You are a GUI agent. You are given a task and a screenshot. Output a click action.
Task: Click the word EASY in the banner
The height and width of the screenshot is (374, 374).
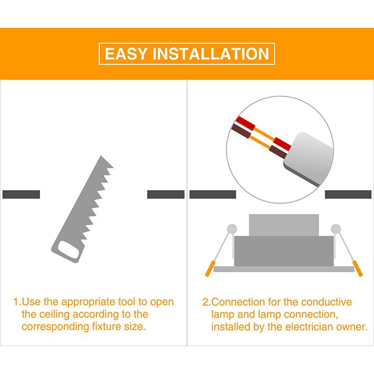point(126,54)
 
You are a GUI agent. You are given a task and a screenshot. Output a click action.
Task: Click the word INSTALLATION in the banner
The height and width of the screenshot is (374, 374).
point(211,54)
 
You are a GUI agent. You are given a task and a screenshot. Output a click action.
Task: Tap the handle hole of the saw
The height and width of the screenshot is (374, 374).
point(69,250)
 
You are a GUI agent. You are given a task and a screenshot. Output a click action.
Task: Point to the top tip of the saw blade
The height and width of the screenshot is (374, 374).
point(101,156)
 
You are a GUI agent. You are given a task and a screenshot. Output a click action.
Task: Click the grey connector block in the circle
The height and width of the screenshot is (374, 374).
point(309,159)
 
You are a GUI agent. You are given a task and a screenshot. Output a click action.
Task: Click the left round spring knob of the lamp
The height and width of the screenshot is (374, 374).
point(232,229)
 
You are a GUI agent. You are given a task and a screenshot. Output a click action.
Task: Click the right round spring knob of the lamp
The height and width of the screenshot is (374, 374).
point(336,229)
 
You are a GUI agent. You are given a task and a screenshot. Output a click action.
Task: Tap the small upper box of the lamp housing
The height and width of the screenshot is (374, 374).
point(284,225)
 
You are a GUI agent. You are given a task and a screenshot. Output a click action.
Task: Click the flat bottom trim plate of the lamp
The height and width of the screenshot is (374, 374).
point(284,269)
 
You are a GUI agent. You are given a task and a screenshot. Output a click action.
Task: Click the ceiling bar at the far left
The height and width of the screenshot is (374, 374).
point(21,194)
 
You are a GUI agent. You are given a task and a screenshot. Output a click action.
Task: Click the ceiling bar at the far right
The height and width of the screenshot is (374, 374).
point(348,194)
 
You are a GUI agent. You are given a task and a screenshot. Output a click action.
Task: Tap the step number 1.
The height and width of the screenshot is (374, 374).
point(16,302)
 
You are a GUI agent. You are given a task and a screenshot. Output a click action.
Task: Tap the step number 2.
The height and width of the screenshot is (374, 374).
point(206,302)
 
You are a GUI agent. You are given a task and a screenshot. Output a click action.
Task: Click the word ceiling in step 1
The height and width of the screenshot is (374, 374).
point(54,315)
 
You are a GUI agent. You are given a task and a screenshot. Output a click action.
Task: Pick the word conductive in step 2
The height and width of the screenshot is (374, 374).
point(327,302)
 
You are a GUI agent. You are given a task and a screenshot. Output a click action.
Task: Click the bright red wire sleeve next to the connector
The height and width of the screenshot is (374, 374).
point(282,144)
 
